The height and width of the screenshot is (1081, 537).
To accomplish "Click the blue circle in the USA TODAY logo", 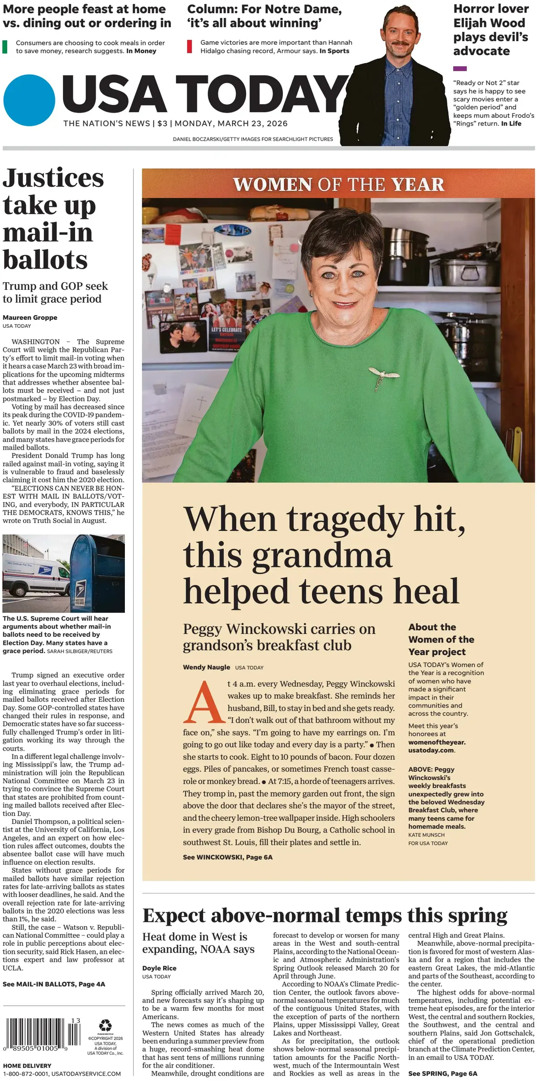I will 29,100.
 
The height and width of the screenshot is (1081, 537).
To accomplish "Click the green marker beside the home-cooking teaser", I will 5,47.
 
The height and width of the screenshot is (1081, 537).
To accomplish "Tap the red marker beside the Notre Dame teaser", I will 190,47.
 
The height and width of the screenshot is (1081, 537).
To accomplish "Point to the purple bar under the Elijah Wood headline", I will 460,69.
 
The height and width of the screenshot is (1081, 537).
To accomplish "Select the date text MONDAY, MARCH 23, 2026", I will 231,124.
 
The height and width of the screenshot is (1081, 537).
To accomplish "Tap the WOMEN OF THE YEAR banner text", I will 338,184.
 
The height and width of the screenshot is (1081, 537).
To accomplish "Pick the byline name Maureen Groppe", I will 30,317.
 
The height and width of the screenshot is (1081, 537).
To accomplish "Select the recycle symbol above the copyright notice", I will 105,1025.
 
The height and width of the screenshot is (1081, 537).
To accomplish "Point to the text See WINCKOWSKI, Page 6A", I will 227,857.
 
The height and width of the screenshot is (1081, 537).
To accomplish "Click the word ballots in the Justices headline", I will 45,260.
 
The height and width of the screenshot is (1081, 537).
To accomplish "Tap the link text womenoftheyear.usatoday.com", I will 436,746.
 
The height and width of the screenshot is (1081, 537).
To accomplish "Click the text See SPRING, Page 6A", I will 442,1073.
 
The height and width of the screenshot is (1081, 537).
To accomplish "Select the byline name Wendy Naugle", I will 206,667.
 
